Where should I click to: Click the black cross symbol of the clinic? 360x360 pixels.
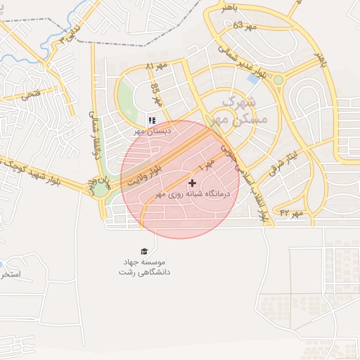(192, 183)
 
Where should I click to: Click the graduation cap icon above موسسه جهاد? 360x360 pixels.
(144, 251)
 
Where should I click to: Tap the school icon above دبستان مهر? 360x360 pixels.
(151, 120)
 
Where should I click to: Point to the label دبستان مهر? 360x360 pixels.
(148, 131)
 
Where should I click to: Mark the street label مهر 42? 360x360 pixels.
(290, 212)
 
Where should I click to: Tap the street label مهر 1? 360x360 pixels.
(205, 169)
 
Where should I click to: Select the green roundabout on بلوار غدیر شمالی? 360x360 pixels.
(278, 79)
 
